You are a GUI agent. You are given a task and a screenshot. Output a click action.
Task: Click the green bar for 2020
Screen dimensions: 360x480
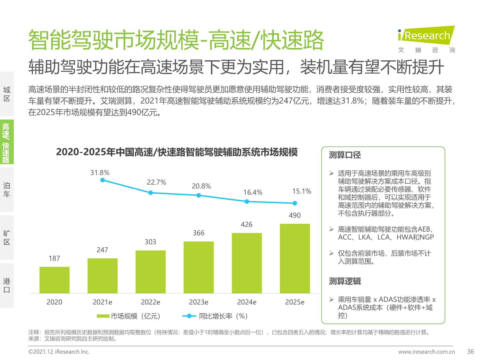(x=54, y=280)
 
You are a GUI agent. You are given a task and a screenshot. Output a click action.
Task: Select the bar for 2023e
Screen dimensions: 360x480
(x=199, y=267)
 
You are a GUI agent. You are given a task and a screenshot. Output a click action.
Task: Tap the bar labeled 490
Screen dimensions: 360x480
(x=295, y=258)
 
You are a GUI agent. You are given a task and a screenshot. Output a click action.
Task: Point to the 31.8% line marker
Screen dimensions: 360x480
(x=103, y=180)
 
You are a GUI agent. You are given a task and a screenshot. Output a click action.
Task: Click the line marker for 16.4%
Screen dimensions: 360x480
(x=247, y=202)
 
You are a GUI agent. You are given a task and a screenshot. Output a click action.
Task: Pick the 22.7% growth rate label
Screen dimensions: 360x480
(x=156, y=182)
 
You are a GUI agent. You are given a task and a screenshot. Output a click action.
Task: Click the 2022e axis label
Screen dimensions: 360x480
(x=150, y=302)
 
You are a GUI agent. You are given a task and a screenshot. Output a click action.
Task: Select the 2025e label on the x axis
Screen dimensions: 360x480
(x=295, y=302)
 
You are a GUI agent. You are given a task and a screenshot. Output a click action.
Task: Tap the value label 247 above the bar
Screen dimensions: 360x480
(x=102, y=250)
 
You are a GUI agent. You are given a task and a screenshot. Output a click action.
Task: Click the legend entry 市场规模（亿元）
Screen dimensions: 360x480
(x=129, y=316)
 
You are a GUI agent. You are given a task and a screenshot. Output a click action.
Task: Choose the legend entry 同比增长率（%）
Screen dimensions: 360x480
(x=215, y=316)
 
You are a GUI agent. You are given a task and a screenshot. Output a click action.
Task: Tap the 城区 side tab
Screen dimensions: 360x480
(x=7, y=94)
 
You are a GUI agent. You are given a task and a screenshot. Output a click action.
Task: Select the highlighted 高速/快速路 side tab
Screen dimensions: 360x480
(x=7, y=142)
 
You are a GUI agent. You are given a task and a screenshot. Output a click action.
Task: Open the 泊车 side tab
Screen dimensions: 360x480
(x=7, y=190)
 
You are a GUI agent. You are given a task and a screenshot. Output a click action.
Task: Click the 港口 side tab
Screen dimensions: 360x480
(x=7, y=285)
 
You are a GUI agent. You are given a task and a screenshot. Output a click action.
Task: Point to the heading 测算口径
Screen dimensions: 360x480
(x=345, y=155)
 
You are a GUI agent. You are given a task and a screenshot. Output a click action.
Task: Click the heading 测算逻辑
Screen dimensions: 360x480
(x=345, y=281)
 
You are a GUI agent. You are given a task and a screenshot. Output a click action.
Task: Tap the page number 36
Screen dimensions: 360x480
(x=470, y=352)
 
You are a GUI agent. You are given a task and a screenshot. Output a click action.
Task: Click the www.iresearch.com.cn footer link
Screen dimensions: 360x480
(x=426, y=352)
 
